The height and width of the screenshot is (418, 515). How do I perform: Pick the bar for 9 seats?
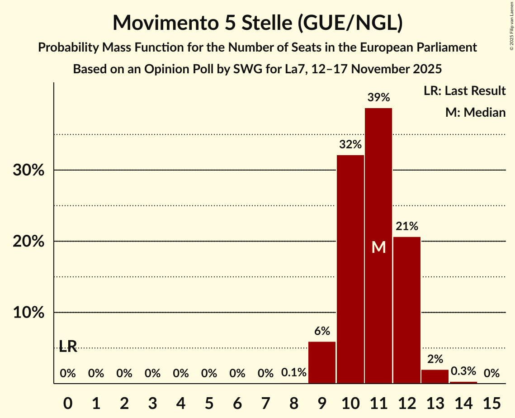[x=322, y=362]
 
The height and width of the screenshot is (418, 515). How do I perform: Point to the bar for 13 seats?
[x=435, y=376]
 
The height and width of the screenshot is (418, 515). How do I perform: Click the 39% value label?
[x=378, y=97]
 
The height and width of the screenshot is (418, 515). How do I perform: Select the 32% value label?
[x=350, y=145]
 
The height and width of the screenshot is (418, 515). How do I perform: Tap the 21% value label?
[x=407, y=226]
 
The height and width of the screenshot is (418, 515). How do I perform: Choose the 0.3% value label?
[x=463, y=371]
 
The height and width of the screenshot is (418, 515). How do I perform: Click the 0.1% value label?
[x=294, y=373]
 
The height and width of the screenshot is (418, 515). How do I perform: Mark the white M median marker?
[x=378, y=247]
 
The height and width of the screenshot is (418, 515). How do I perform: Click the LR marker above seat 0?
[x=68, y=347]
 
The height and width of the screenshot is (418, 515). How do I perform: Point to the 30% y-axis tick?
[x=28, y=171]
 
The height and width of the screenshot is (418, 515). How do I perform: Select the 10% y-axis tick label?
[x=28, y=313]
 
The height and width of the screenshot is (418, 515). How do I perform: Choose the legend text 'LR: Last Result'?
[x=465, y=91]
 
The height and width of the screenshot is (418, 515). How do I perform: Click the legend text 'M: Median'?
[x=475, y=112]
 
